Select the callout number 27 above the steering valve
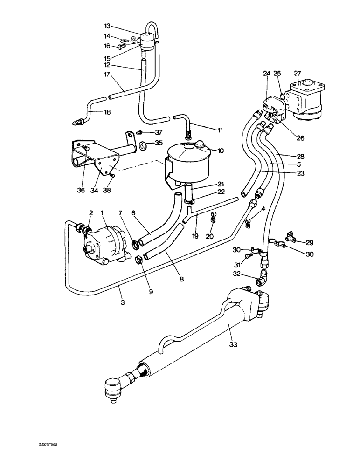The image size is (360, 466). pyautogui.click(x=298, y=73)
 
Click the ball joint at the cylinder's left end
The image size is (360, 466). pyautogui.click(x=111, y=388)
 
